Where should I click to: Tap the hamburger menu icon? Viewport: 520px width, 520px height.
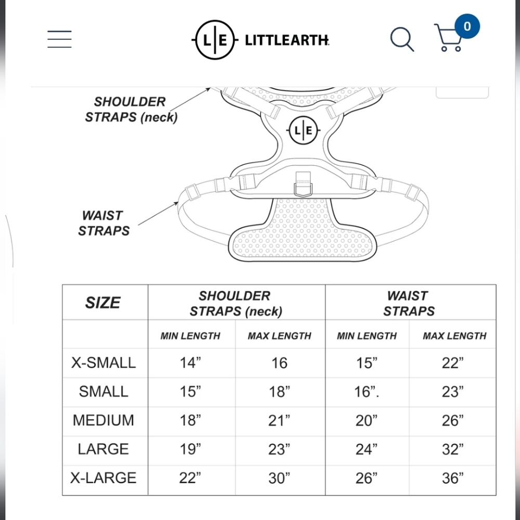(59, 39)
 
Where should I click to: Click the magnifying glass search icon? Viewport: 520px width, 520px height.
(402, 39)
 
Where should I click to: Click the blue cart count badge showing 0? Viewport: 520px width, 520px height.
(467, 26)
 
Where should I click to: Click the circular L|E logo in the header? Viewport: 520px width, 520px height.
(215, 40)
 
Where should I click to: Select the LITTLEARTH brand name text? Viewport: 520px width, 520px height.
(287, 40)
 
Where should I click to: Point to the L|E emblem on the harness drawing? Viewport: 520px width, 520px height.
(303, 131)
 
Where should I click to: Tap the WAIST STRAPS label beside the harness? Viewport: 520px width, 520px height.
(104, 223)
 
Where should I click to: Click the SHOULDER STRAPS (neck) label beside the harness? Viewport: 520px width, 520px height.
(131, 109)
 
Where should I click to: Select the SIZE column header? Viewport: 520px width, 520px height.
(102, 303)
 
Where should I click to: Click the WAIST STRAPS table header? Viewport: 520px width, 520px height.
(409, 303)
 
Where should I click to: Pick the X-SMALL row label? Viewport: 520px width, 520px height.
(103, 362)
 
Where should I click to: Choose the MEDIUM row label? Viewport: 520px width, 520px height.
(103, 420)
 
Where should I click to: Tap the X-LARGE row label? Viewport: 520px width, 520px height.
(103, 478)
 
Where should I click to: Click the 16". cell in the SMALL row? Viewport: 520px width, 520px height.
(367, 392)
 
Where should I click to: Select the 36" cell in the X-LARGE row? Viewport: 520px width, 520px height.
(453, 478)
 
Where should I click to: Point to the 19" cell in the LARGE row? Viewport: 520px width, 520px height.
(190, 449)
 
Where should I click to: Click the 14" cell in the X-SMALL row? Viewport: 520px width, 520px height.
(190, 363)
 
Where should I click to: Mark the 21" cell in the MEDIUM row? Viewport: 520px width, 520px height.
(279, 421)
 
